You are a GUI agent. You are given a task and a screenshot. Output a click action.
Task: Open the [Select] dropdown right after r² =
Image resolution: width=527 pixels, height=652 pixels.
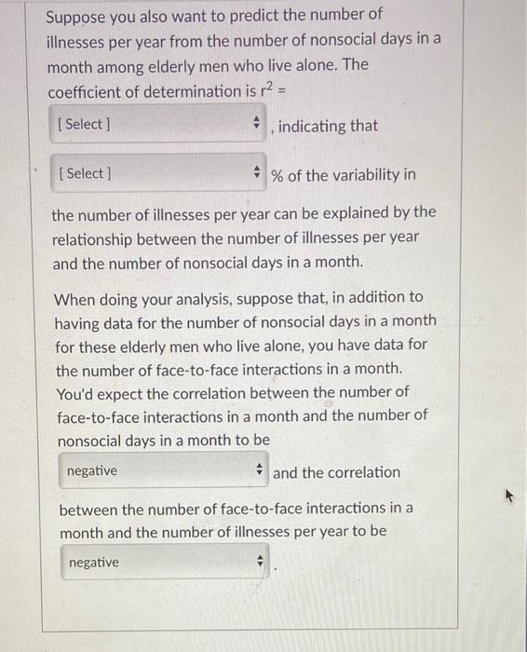157,124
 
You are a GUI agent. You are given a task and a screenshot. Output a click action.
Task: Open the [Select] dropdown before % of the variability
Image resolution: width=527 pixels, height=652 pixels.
157,174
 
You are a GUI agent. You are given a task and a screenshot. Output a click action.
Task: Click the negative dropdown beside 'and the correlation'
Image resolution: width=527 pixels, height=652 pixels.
163,471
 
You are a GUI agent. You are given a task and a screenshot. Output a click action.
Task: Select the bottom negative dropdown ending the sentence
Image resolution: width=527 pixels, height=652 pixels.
165,563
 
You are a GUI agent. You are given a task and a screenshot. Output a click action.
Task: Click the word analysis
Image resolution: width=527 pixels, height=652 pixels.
230,298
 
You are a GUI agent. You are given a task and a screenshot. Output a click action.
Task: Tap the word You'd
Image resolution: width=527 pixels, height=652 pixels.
77,392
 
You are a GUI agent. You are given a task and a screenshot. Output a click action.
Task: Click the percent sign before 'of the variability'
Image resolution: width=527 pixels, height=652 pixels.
277,175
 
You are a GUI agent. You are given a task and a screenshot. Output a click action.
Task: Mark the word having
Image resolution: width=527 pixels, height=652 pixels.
79,321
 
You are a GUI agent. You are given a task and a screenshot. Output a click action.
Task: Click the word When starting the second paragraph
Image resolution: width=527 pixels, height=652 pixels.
76,298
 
